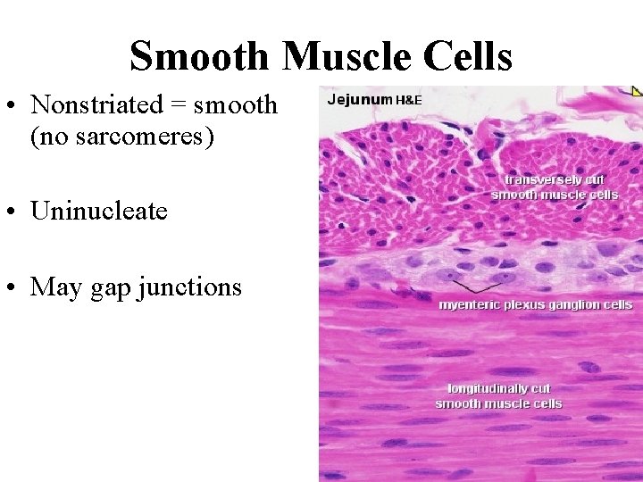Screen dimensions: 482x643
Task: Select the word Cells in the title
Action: click(472, 56)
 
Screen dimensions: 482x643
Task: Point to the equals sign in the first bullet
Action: click(177, 105)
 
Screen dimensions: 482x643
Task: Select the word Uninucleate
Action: click(99, 211)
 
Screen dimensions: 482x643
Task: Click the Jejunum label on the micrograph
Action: click(359, 99)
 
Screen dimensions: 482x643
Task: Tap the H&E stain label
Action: click(408, 100)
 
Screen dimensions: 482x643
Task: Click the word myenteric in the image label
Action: click(469, 305)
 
